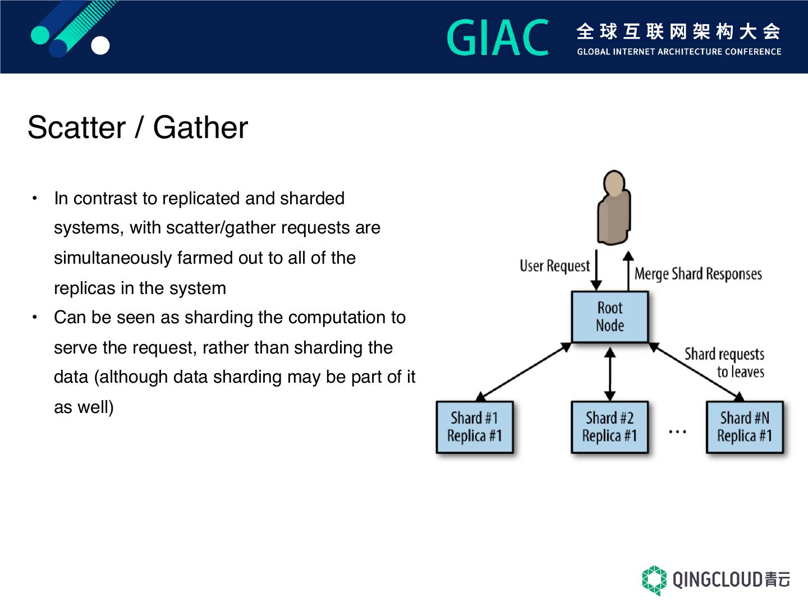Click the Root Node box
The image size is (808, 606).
pos(609,316)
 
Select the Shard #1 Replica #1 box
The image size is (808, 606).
pos(475,427)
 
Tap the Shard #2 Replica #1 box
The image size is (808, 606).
pos(609,427)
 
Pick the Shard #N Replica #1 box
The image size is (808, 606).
pos(745,427)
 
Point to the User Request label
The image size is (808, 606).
pos(554,266)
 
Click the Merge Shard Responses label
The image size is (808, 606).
pos(698,274)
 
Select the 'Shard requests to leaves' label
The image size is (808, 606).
pos(725,363)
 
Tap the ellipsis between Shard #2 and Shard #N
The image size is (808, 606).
pos(677,432)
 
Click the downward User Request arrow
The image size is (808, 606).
pos(597,270)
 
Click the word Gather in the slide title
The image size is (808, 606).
pos(200,128)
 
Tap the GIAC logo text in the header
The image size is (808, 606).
pos(498,38)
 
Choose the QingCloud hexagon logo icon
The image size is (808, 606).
pos(654,580)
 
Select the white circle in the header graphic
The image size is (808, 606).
pos(100,46)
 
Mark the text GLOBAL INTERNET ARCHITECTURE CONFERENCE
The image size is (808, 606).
pos(679,52)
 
